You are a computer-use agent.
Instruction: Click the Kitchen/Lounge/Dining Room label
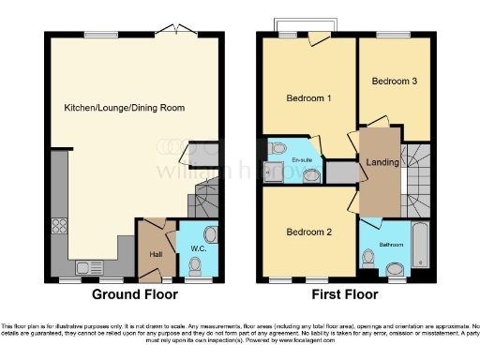(x=124, y=108)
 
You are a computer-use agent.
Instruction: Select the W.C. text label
(x=198, y=248)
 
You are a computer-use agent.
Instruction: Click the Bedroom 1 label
(x=307, y=98)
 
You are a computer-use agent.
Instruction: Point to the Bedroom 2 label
(x=307, y=232)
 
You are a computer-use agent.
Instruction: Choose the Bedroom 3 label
(x=395, y=82)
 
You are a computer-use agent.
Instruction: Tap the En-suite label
(x=302, y=161)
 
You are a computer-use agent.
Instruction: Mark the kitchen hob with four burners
(x=58, y=225)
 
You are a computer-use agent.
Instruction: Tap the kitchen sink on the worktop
(x=90, y=266)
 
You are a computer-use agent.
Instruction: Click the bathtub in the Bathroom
(x=419, y=245)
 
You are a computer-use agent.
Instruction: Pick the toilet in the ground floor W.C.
(x=210, y=234)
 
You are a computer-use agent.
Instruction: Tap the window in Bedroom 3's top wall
(x=392, y=34)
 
